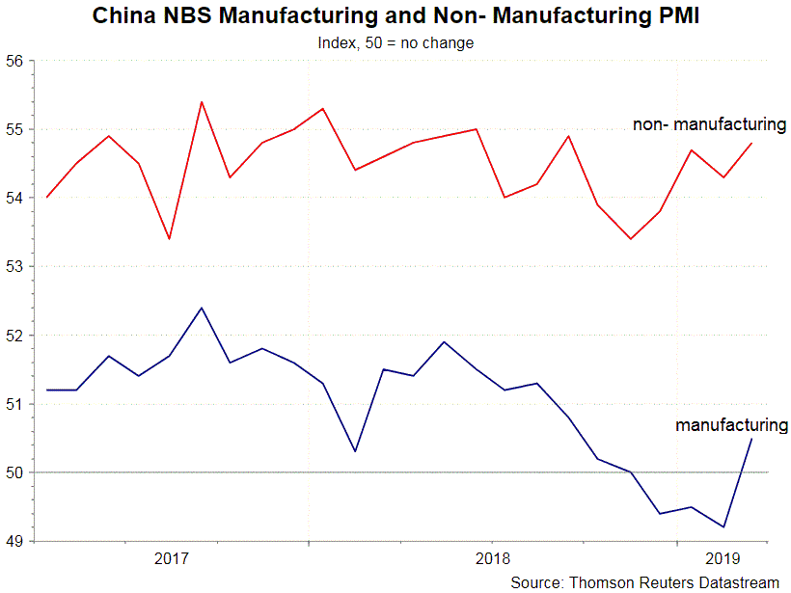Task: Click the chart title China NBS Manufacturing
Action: [395, 16]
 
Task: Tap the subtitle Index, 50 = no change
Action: [395, 42]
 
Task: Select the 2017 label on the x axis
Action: [171, 558]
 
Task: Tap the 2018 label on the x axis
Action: [492, 558]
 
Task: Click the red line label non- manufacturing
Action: [710, 124]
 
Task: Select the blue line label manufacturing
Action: [731, 424]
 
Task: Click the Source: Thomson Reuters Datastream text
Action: [644, 581]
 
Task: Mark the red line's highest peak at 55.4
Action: [201, 101]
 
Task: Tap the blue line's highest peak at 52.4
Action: [201, 308]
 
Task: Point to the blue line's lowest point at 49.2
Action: [723, 527]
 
